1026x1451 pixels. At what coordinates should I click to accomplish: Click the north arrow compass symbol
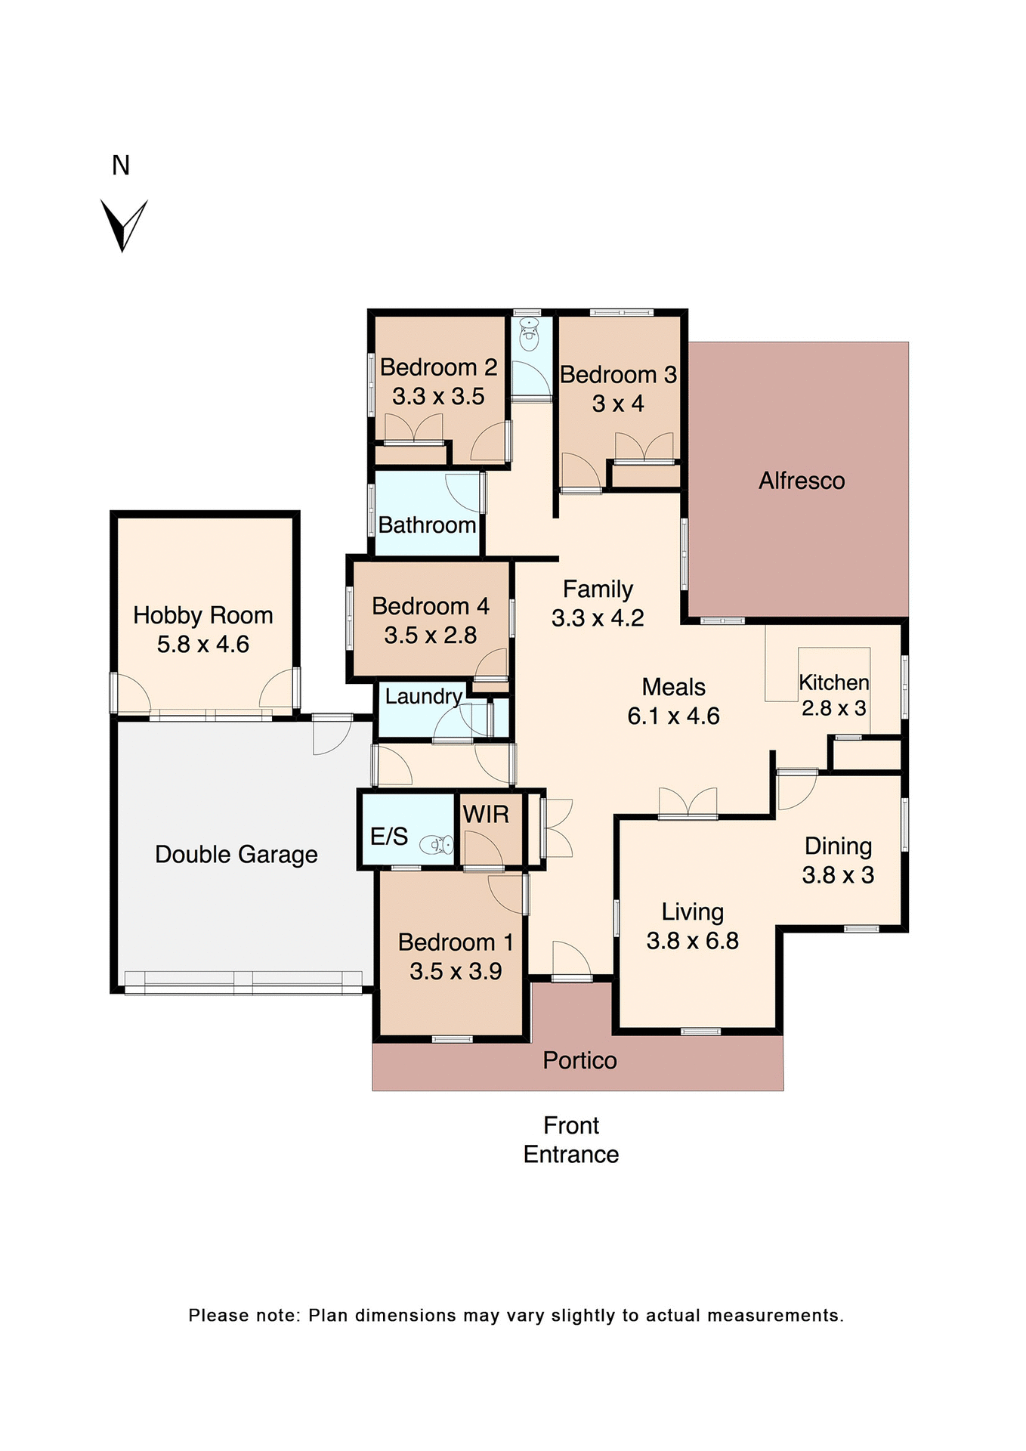[x=123, y=224]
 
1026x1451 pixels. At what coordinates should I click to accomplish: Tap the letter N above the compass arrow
[x=121, y=166]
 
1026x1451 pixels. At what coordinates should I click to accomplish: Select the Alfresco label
[x=802, y=481]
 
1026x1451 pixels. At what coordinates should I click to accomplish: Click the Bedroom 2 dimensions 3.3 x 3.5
[x=438, y=396]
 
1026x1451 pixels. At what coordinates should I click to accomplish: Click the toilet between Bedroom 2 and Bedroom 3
[x=530, y=335]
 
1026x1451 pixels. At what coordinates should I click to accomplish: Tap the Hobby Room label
[x=202, y=615]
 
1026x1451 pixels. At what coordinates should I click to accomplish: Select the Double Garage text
[x=236, y=855]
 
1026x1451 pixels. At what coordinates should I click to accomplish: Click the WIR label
[x=486, y=815]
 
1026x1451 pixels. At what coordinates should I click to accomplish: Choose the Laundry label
[x=423, y=696]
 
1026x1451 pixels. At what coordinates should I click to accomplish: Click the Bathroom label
[x=427, y=525]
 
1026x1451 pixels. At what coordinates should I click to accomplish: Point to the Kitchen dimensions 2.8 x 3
[x=833, y=708]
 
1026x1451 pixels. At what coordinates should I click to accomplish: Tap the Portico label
[x=579, y=1061]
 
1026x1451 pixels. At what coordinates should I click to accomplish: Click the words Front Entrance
[x=571, y=1140]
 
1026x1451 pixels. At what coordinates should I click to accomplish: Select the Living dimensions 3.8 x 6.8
[x=692, y=941]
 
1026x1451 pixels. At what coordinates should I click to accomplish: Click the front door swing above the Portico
[x=571, y=961]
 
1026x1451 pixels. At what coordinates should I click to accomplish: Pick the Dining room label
[x=838, y=846]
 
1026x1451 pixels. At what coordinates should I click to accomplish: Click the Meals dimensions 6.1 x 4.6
[x=673, y=716]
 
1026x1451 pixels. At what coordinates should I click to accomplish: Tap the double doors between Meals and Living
[x=688, y=803]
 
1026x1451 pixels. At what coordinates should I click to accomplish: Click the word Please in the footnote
[x=218, y=1316]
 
